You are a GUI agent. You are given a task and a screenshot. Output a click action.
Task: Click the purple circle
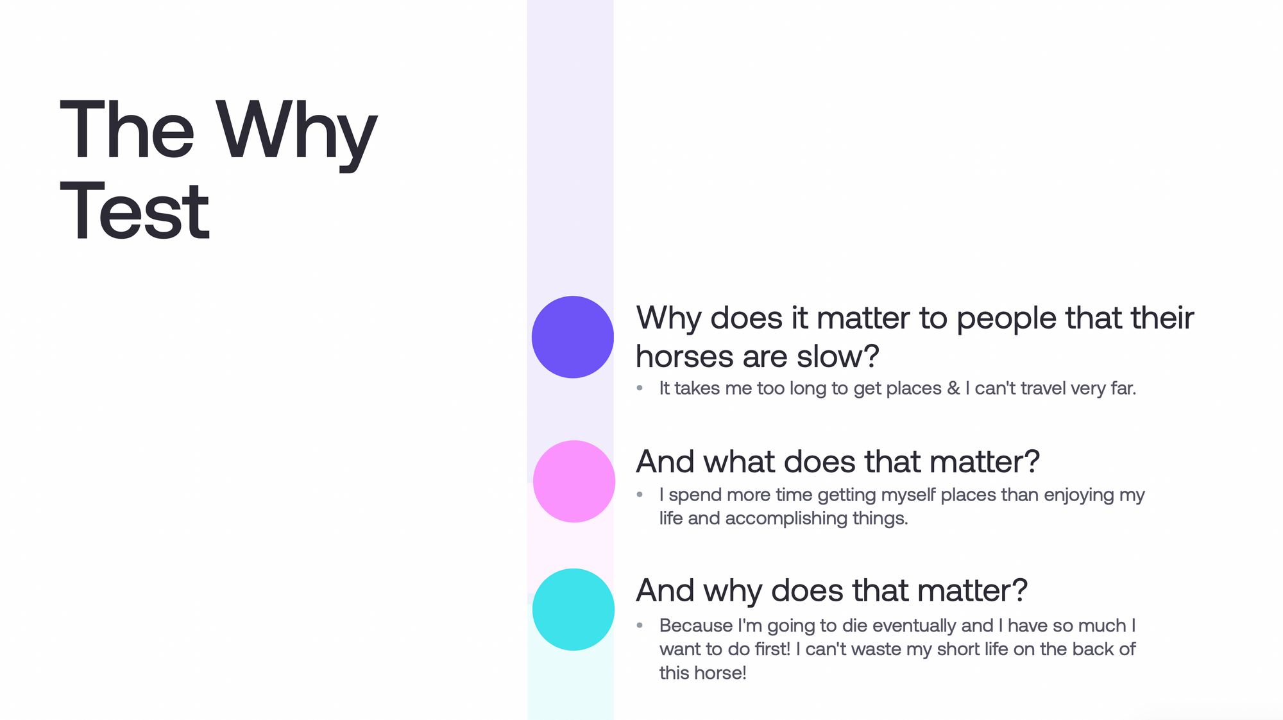point(573,337)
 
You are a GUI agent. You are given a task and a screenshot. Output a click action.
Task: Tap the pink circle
point(574,481)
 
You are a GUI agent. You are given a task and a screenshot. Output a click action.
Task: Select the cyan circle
point(574,610)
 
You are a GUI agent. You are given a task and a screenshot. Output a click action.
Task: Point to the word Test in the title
point(135,211)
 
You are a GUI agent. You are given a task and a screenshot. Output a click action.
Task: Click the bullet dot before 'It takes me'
point(640,388)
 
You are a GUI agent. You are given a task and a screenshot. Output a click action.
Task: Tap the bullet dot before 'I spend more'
point(640,494)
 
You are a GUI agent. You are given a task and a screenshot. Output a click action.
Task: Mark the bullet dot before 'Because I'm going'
point(640,625)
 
